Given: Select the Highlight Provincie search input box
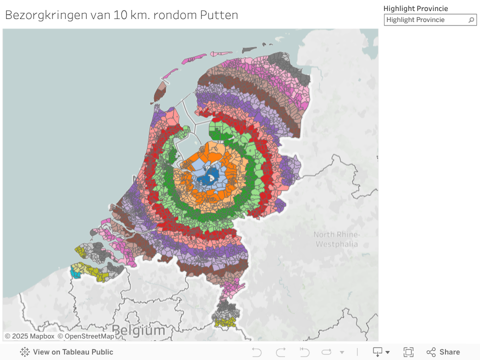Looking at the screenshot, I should coord(425,20).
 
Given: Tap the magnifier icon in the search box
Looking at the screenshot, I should coord(471,20).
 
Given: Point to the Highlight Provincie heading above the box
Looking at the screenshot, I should coord(415,8).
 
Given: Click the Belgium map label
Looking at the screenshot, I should coord(138,330).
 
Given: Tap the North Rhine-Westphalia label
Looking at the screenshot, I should coord(336,239).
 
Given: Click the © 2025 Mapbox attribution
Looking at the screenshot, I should coord(29,336).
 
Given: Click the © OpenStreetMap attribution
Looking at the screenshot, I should coord(85,336).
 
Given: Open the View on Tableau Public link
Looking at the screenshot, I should coord(66,352).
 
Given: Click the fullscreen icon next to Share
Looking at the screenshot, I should coord(408,352).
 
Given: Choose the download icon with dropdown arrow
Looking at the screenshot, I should coord(381,352).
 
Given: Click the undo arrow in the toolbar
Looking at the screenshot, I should coord(256,352).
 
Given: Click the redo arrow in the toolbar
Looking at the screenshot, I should coord(280,352).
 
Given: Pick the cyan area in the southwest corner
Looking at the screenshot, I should coord(75,273).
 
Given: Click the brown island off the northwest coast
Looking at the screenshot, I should coord(160,92).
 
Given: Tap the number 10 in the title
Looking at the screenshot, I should coord(120,15).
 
